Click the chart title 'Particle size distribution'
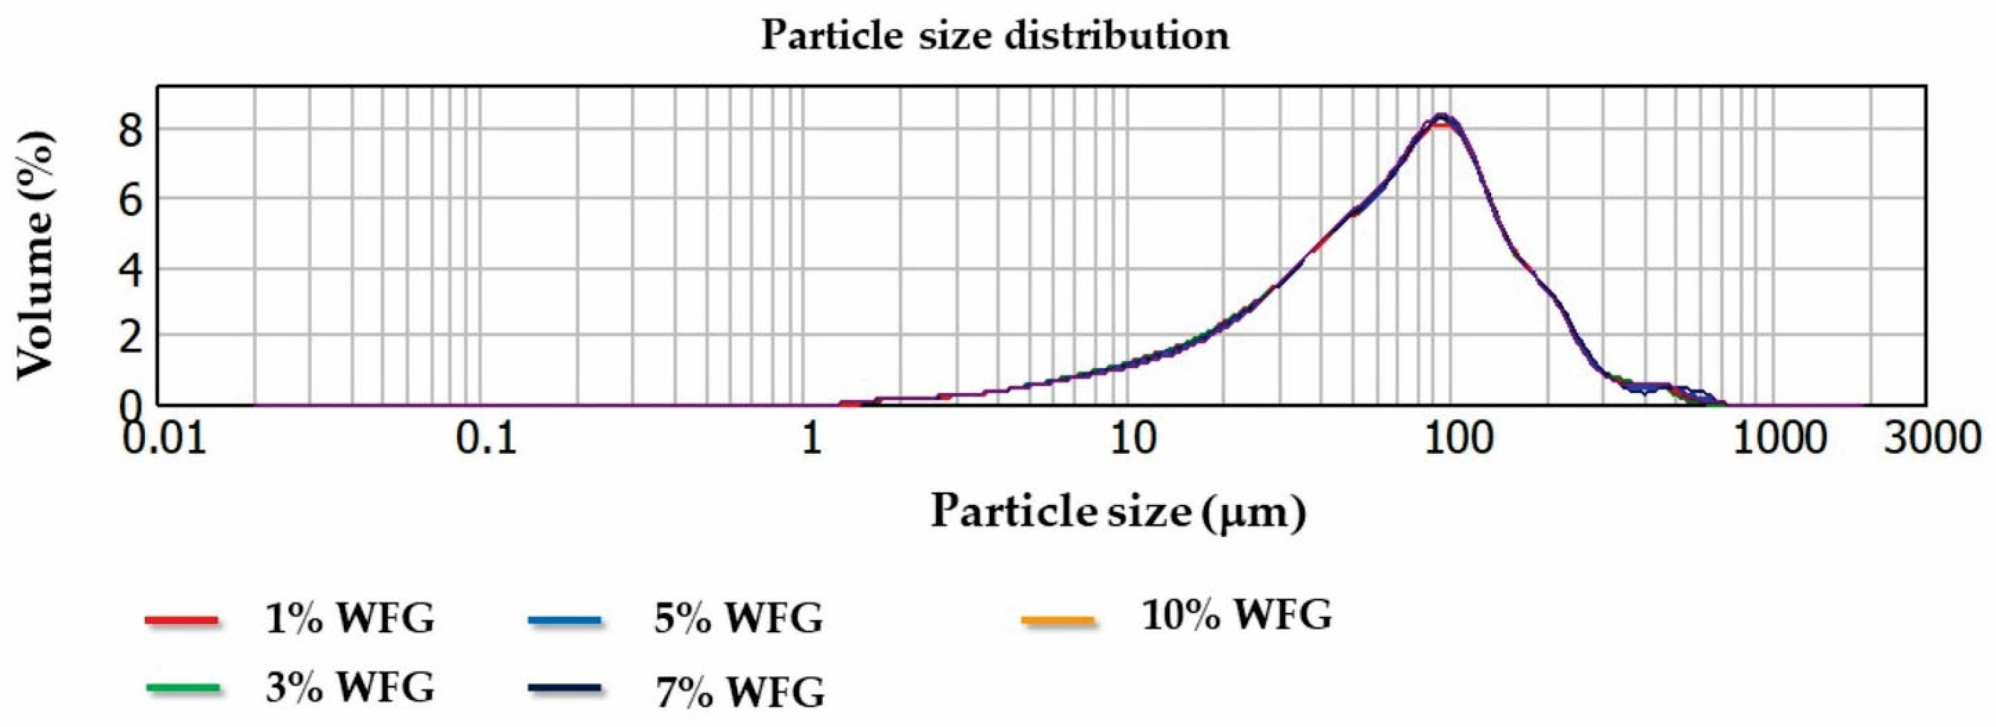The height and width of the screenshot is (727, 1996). coord(995,36)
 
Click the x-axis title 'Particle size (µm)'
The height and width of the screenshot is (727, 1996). coord(1118,511)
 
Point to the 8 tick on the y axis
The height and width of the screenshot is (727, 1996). coord(131,130)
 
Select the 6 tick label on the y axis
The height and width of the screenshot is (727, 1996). coord(131,200)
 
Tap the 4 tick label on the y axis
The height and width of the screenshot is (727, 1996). coord(131,268)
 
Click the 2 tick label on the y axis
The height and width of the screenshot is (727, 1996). coord(131,336)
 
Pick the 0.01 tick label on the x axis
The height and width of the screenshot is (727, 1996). coord(166,439)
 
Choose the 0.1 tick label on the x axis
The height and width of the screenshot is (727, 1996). coord(487,439)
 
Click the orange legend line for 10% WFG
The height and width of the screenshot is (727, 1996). coord(1058,621)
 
